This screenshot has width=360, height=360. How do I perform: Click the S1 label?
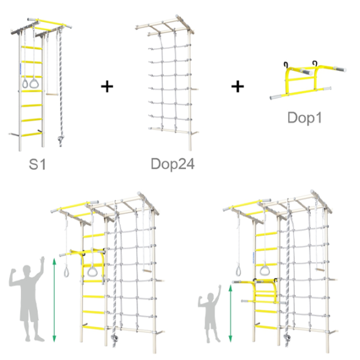click(37, 164)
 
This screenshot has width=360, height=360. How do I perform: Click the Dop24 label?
click(173, 164)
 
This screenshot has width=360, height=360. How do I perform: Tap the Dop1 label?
click(304, 118)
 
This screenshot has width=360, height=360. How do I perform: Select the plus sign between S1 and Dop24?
click(107, 86)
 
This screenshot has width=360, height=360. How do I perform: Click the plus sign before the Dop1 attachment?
click(238, 86)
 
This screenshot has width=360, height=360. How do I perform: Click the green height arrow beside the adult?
click(54, 300)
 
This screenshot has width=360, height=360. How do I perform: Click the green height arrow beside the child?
click(230, 313)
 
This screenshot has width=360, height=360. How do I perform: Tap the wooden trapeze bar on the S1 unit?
click(52, 94)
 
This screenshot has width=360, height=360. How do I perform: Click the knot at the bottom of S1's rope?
click(61, 139)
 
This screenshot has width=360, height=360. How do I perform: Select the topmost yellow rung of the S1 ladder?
click(32, 47)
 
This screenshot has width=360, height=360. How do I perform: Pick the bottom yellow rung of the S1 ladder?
click(32, 134)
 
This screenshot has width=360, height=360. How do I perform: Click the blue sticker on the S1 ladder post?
click(20, 68)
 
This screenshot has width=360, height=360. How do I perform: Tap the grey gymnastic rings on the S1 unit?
click(31, 83)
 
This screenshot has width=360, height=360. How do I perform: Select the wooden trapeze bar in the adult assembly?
click(147, 271)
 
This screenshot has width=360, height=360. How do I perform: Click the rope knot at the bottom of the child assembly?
click(287, 337)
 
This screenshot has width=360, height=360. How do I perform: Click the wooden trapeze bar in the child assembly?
click(320, 269)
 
